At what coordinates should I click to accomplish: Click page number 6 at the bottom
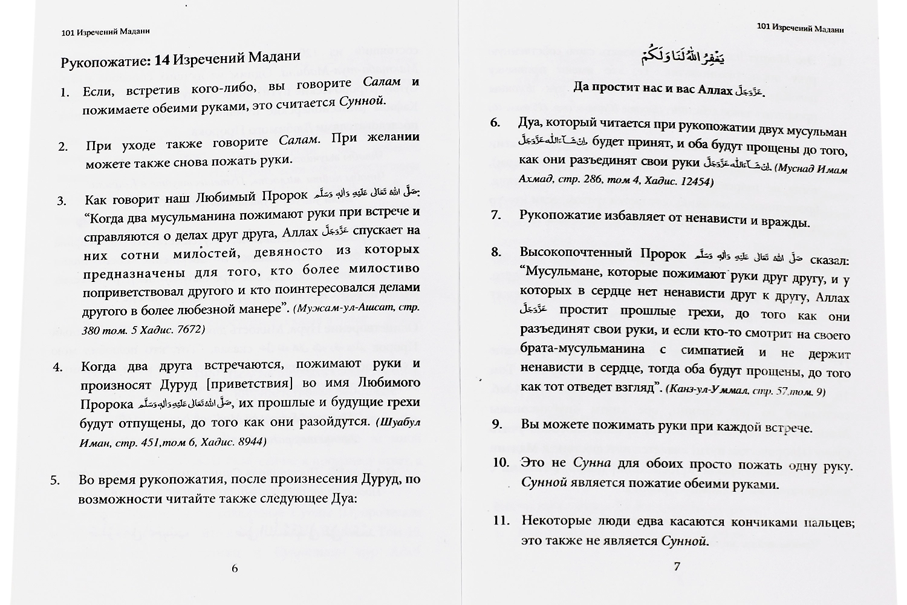click(235, 568)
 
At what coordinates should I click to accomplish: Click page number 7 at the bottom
click(677, 567)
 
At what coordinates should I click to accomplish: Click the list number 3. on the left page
click(62, 201)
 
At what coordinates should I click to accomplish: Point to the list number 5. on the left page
click(54, 481)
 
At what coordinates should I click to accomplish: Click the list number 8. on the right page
click(496, 252)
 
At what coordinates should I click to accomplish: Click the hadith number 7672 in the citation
click(187, 330)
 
